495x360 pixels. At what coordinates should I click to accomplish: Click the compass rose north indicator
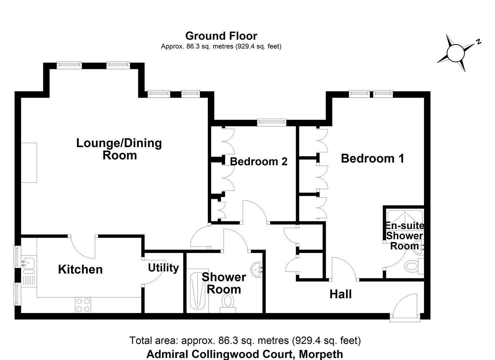(456, 53)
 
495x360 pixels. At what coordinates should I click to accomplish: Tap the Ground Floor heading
(221, 36)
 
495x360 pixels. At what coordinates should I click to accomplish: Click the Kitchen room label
(80, 269)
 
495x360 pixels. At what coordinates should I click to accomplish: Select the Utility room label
(163, 268)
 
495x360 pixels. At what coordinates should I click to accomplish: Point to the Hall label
(340, 294)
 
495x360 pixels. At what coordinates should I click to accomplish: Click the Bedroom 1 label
(372, 158)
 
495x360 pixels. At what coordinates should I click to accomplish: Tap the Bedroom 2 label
(259, 162)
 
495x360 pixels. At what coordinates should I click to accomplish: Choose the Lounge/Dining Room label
(119, 149)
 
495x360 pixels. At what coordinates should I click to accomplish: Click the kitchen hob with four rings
(83, 305)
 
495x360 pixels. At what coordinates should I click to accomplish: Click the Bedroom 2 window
(272, 122)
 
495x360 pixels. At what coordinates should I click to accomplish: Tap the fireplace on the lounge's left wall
(29, 162)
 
